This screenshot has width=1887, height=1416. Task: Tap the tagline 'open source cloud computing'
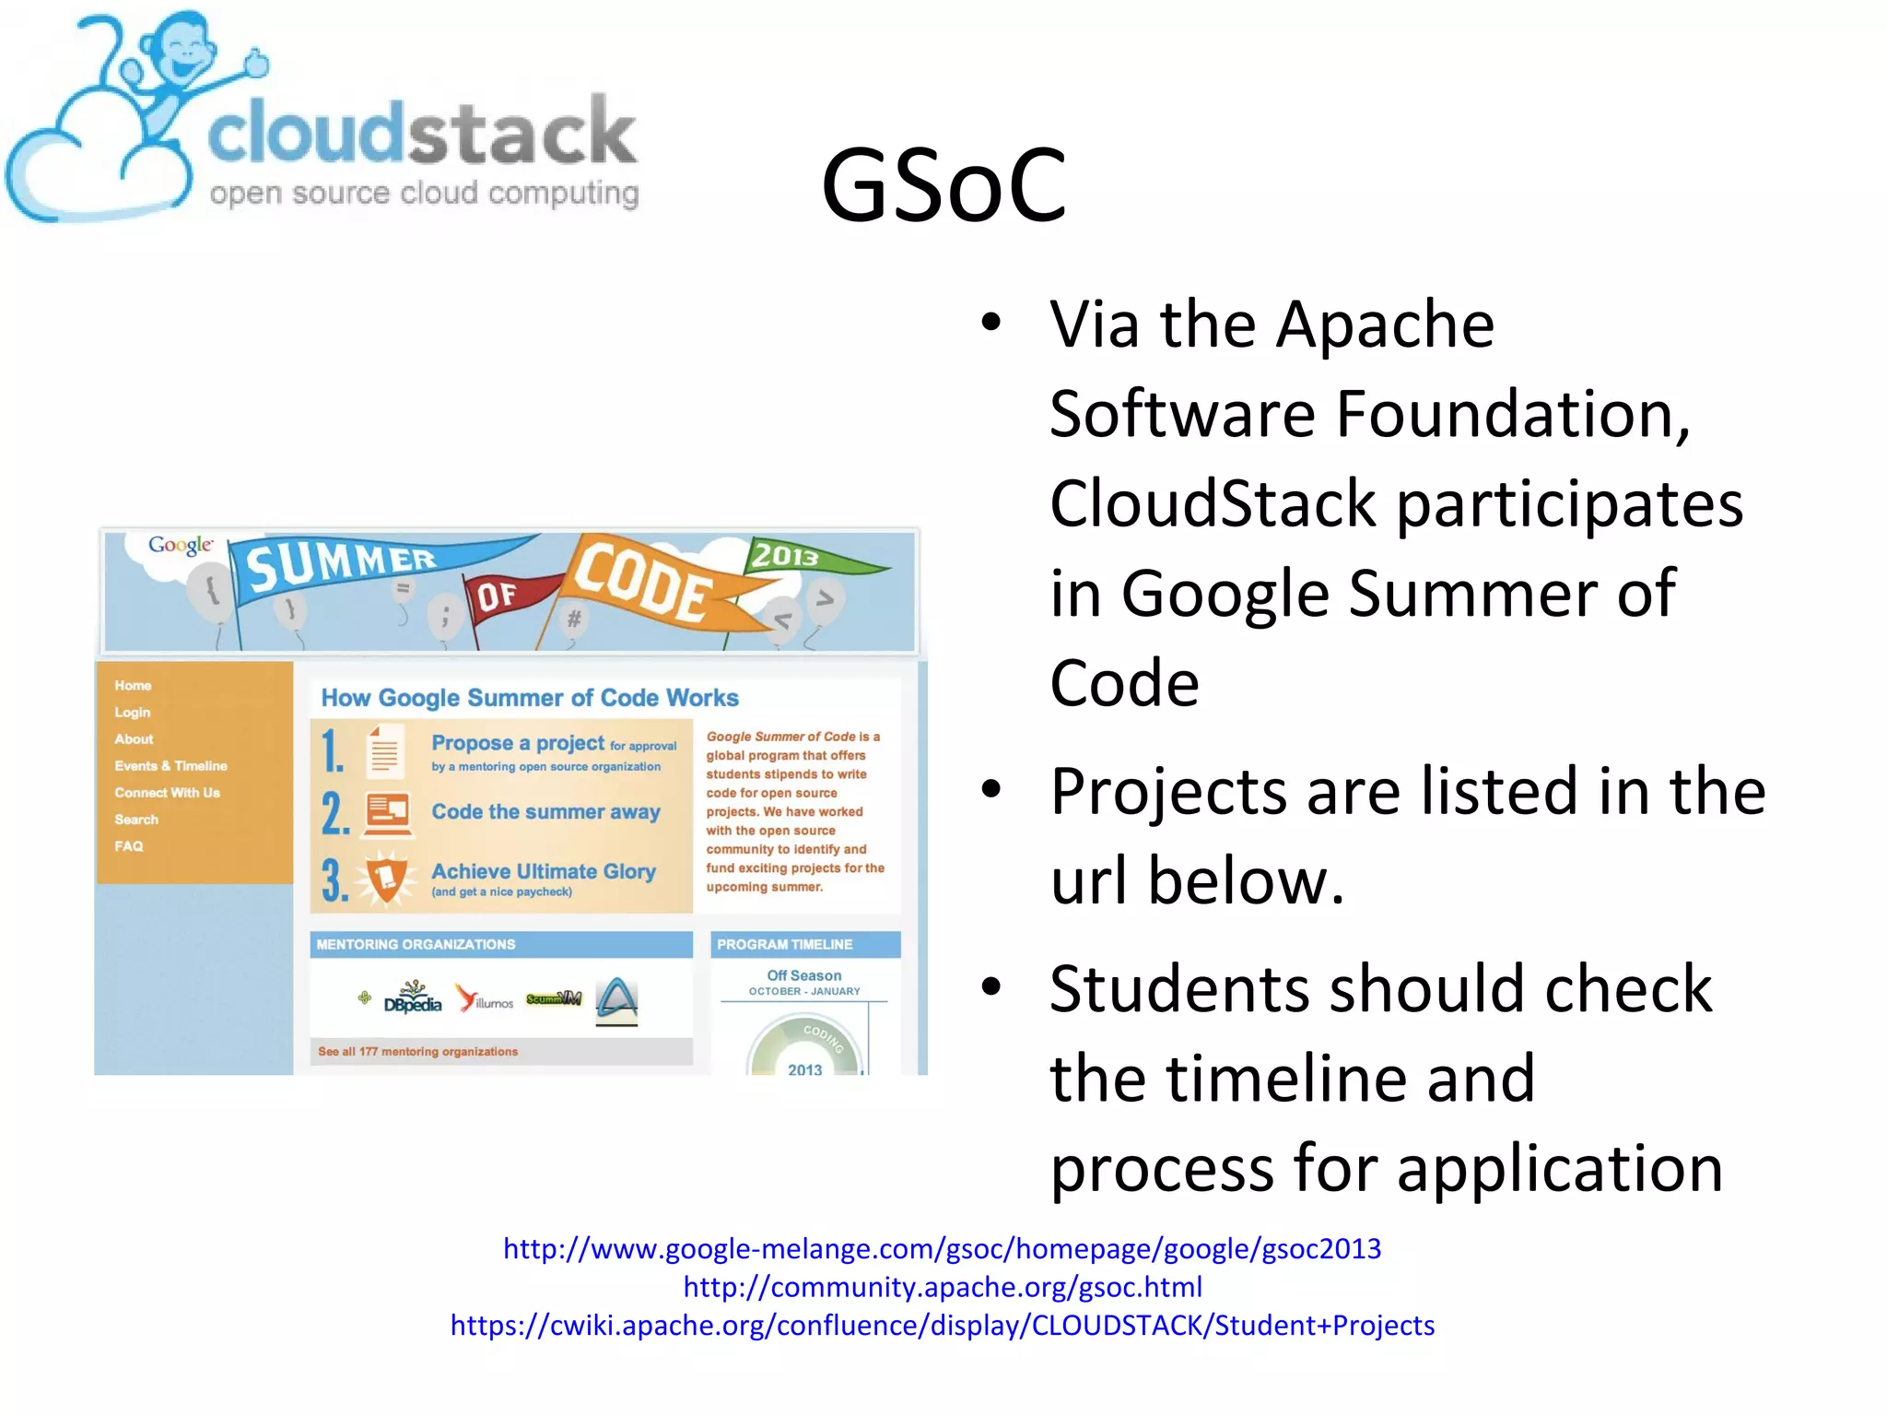(424, 194)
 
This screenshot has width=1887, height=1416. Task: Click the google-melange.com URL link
(942, 1248)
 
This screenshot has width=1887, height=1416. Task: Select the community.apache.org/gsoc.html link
(942, 1286)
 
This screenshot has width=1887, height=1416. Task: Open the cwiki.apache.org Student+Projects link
(942, 1325)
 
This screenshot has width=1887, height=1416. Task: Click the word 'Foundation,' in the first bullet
(1512, 414)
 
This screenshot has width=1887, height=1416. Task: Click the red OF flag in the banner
(502, 596)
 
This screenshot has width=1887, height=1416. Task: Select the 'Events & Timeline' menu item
(170, 765)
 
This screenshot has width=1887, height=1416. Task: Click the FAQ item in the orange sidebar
(129, 845)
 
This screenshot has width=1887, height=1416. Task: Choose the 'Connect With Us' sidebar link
(167, 792)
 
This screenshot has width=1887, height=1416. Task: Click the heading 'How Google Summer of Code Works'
(530, 698)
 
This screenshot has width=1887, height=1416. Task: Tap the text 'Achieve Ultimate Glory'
(544, 871)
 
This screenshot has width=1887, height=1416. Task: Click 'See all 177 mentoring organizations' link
(417, 1051)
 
